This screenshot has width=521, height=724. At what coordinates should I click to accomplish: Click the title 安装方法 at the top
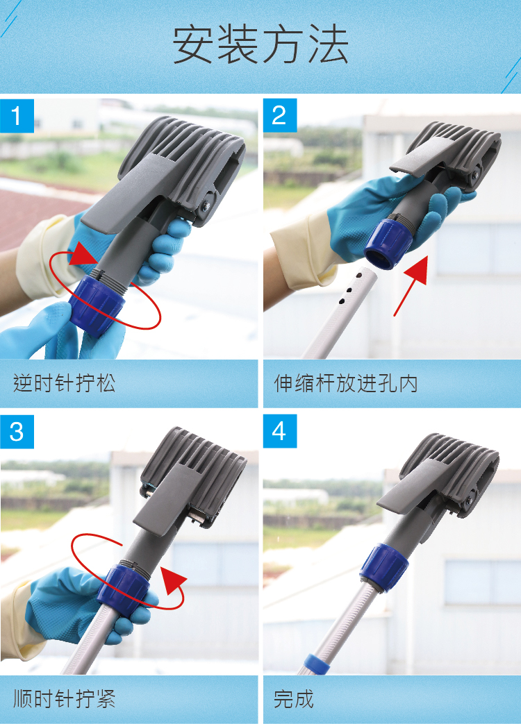(260, 45)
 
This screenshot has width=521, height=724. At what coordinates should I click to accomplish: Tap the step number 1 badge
(17, 115)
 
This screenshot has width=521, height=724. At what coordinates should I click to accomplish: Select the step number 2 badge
(279, 115)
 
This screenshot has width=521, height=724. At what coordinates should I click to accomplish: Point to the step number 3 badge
(17, 432)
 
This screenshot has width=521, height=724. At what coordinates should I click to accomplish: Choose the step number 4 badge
(279, 432)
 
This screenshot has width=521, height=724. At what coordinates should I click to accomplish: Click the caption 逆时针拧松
(64, 383)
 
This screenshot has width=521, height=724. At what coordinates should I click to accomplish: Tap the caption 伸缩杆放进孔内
(346, 383)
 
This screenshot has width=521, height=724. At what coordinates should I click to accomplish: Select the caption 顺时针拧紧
(64, 698)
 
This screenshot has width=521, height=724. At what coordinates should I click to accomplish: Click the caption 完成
(294, 698)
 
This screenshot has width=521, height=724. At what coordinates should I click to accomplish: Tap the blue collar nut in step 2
(388, 244)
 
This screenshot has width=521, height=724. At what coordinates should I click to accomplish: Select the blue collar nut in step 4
(384, 569)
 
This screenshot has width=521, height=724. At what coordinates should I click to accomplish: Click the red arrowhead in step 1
(83, 254)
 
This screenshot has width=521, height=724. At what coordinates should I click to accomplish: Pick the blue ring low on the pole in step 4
(317, 664)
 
